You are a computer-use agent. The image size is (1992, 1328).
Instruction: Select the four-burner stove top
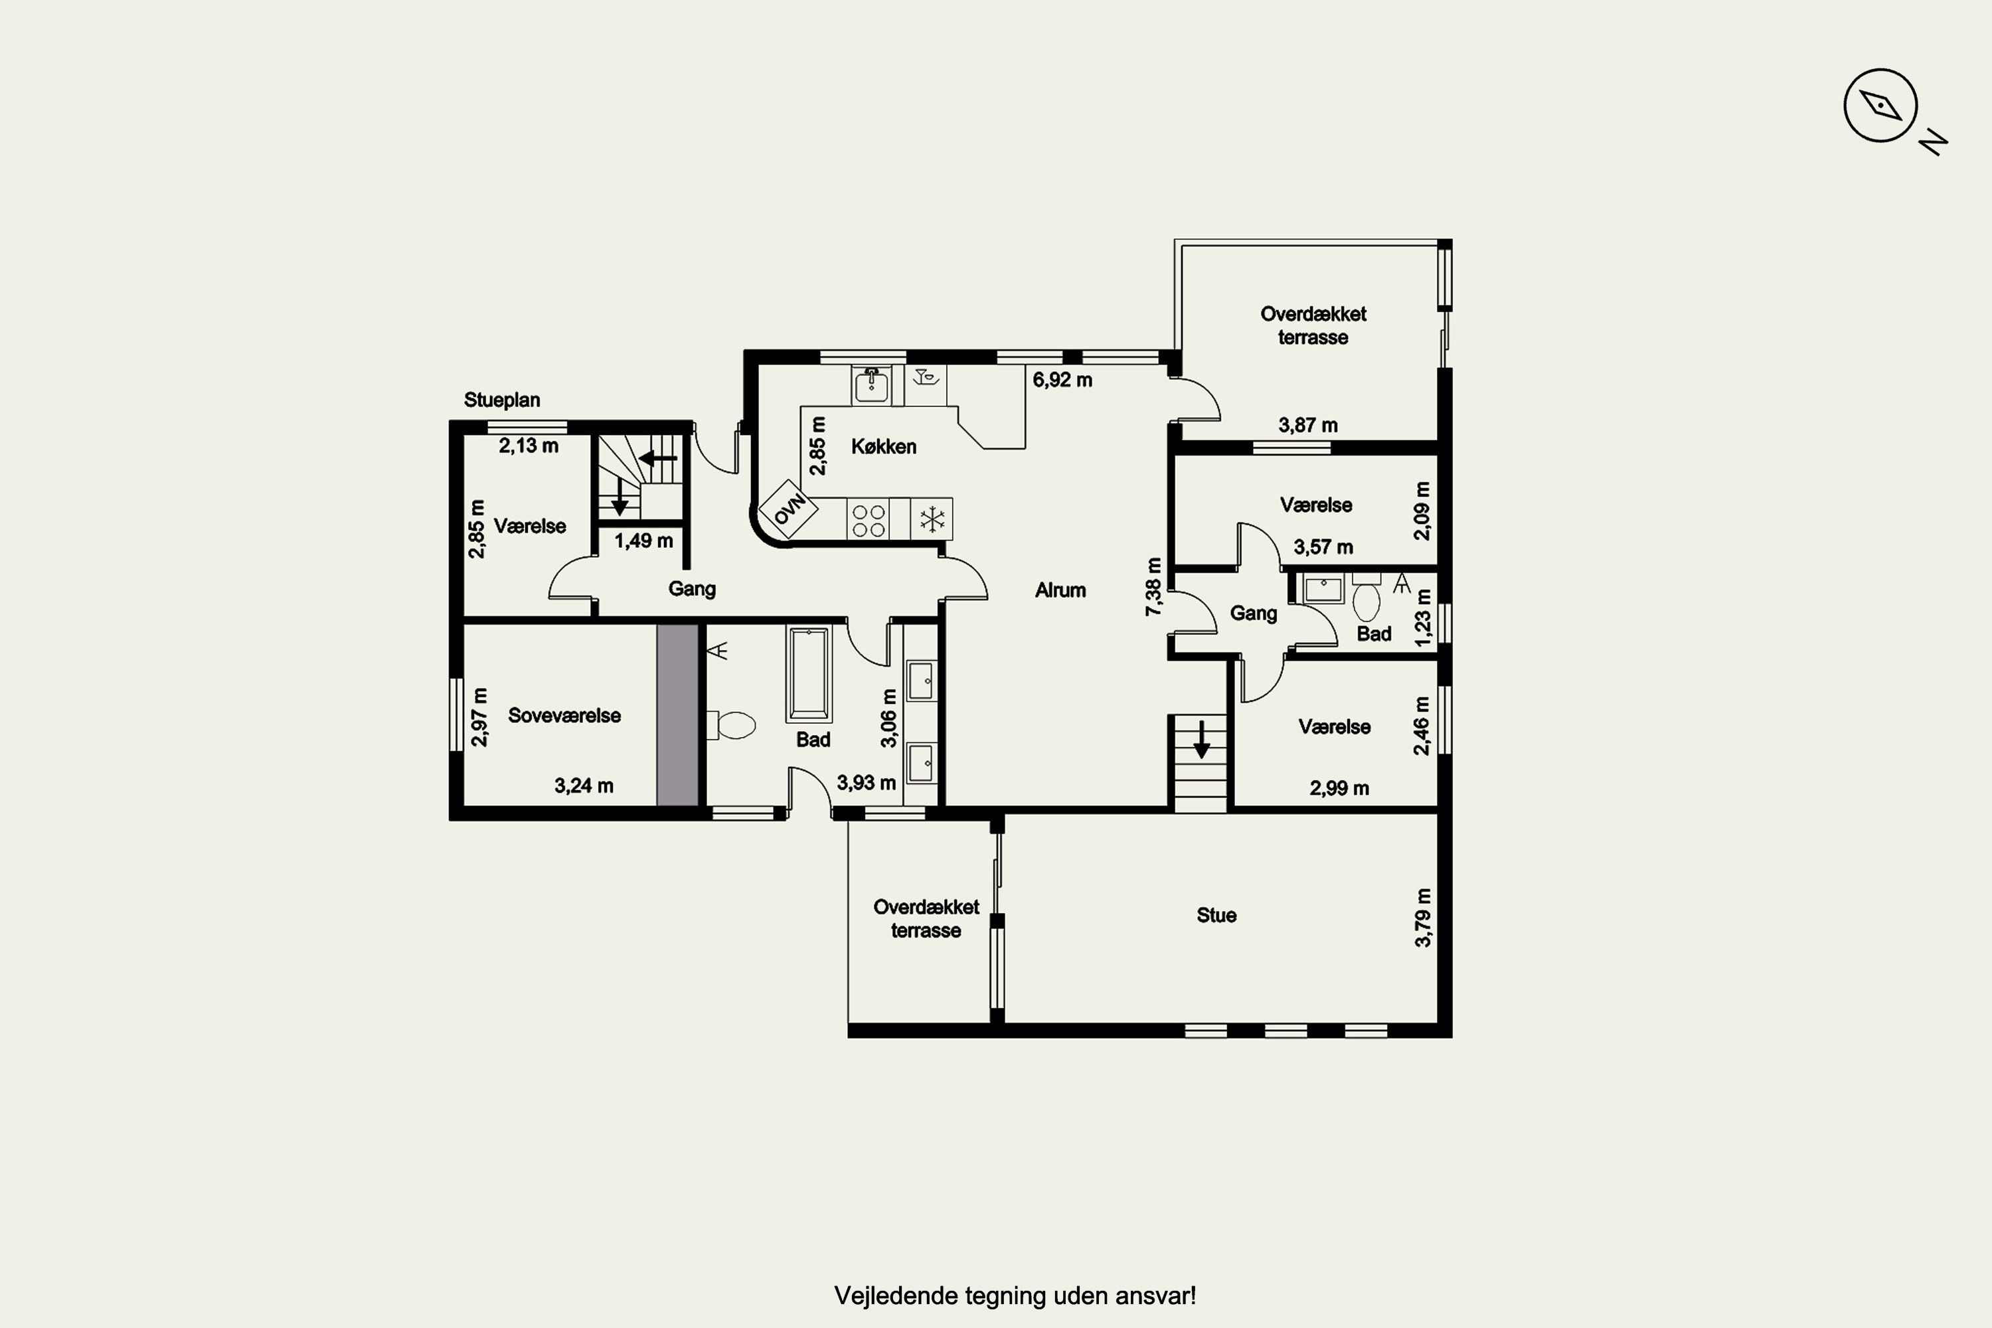[x=868, y=519]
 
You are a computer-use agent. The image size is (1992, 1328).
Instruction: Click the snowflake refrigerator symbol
[x=932, y=519]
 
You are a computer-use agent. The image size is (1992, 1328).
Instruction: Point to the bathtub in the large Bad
[x=809, y=674]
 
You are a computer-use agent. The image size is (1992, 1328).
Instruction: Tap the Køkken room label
[x=883, y=446]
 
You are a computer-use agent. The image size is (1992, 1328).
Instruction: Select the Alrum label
[x=1060, y=590]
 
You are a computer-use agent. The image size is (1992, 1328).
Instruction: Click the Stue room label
[x=1216, y=916]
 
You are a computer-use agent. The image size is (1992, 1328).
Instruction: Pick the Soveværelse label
[x=564, y=716]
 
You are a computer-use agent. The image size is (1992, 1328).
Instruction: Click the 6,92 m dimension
[x=1062, y=380]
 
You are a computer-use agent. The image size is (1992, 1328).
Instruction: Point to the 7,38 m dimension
[x=1153, y=587]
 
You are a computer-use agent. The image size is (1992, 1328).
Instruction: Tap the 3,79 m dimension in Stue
[x=1423, y=918]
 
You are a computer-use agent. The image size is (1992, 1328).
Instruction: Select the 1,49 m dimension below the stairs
[x=643, y=540]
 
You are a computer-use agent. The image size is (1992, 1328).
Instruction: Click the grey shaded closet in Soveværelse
[x=677, y=716]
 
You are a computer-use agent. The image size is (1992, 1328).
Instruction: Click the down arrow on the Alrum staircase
[x=1201, y=740]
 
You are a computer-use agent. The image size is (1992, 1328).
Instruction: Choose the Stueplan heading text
[x=502, y=400]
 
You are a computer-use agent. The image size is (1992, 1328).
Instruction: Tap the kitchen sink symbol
[x=871, y=385]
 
